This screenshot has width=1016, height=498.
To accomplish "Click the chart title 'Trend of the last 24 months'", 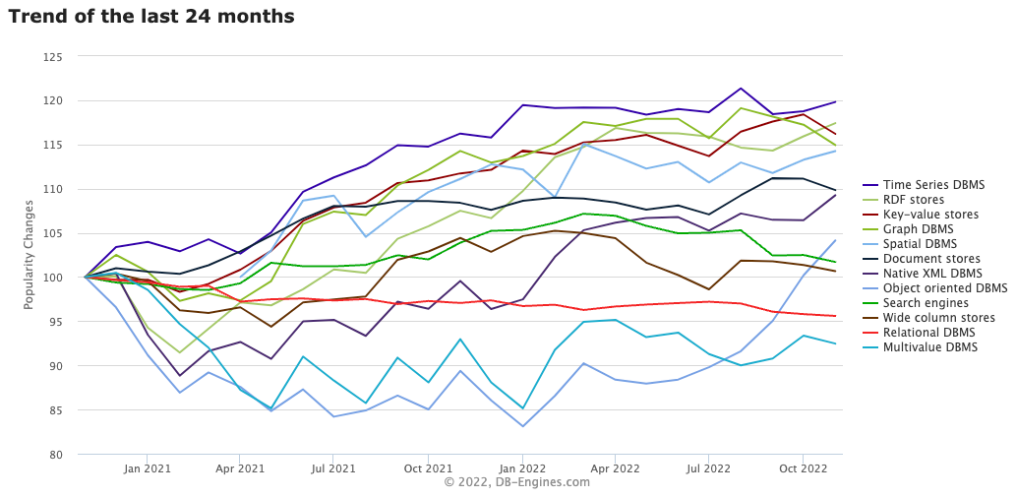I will tap(151, 17).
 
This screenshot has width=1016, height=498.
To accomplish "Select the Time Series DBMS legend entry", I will tap(933, 185).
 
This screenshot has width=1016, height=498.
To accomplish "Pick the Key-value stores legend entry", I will tap(930, 215).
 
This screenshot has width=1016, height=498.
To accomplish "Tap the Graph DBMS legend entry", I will tap(920, 229).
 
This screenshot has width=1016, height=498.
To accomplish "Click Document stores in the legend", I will tap(931, 259).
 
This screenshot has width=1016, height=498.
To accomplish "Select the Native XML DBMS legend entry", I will tap(932, 274).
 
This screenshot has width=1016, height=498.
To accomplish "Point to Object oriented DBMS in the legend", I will tap(944, 288).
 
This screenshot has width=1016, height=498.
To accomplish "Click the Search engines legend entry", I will tap(926, 303).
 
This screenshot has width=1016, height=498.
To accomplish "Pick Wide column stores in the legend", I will tap(938, 318).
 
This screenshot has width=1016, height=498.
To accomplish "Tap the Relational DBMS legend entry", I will tap(929, 333).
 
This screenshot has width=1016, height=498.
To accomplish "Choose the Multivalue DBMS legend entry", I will tap(930, 347).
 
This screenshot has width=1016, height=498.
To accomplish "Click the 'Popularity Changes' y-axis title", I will tap(30, 255).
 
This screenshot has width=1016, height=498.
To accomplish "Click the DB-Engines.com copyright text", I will tap(516, 482).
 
